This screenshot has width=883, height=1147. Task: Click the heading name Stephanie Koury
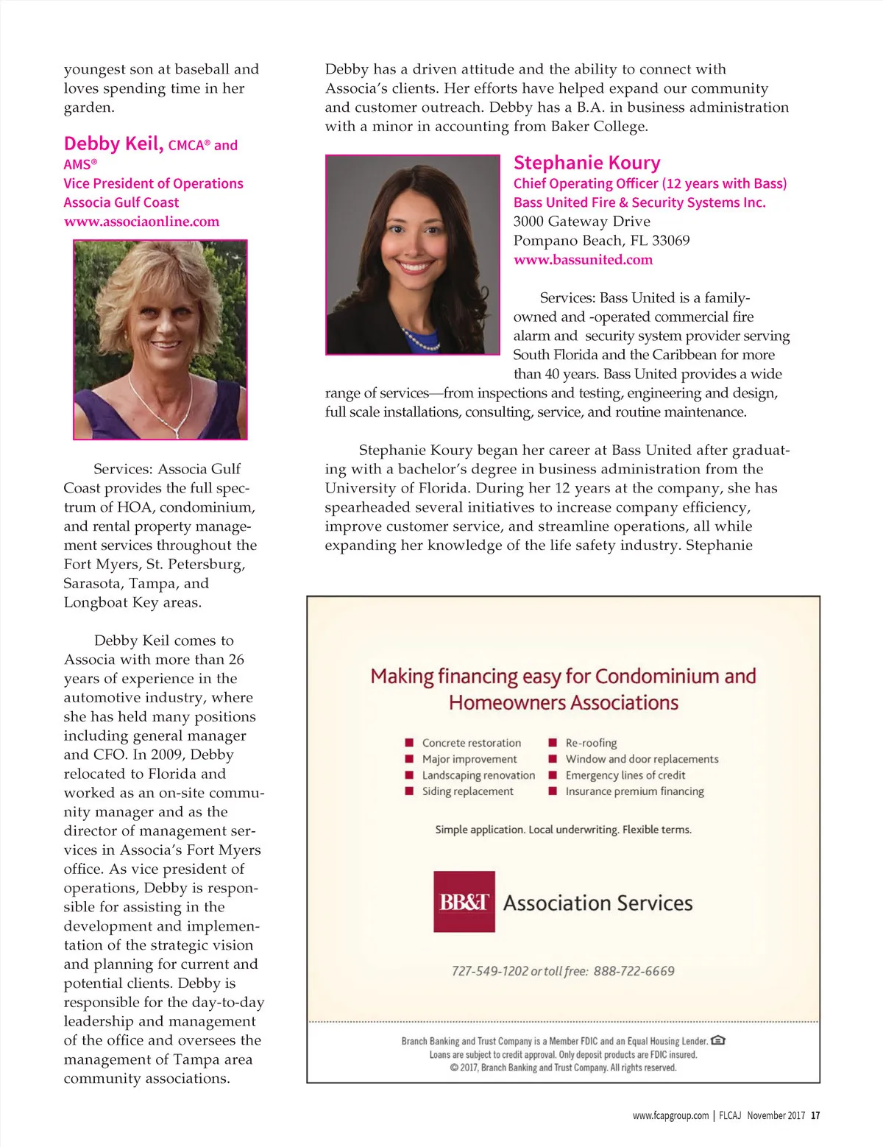586,163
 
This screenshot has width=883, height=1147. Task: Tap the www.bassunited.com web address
583,260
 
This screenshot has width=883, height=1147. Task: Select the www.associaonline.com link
141,222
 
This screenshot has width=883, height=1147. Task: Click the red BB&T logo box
464,902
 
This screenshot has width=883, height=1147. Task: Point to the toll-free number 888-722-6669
634,971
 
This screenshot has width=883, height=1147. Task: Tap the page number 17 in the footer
815,1115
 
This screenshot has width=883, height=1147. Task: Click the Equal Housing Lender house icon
718,1040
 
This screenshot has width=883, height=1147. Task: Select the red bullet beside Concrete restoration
409,743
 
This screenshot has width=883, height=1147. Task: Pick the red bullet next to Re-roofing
553,743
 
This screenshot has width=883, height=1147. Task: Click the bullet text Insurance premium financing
634,791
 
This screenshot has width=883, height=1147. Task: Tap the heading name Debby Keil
113,144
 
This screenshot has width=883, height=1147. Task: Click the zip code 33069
670,241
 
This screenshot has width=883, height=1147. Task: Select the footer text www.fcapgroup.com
670,1115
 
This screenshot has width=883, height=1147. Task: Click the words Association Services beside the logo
597,903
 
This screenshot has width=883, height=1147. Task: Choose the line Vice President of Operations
153,183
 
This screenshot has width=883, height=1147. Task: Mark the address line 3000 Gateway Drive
581,222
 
